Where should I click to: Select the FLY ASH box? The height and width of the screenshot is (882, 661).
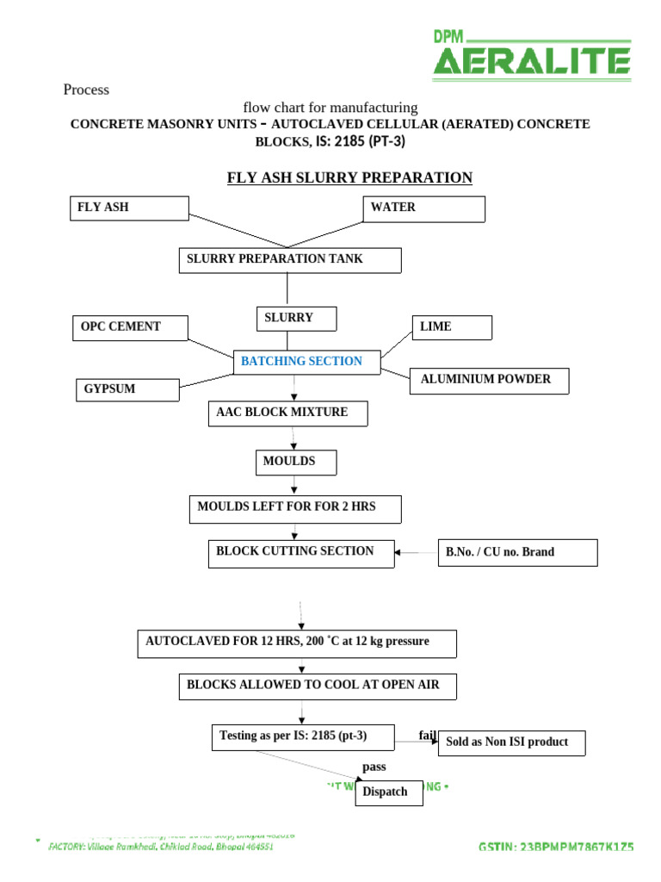click(x=128, y=208)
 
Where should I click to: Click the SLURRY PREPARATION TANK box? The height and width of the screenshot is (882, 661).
click(x=289, y=260)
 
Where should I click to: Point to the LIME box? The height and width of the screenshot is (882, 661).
click(x=452, y=327)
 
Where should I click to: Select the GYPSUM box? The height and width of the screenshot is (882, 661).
click(x=128, y=389)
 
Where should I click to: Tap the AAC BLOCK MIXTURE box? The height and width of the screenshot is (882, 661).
click(x=288, y=413)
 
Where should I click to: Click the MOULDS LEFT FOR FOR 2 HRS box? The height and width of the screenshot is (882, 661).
click(x=294, y=509)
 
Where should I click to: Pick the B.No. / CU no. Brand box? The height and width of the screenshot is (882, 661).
click(x=517, y=552)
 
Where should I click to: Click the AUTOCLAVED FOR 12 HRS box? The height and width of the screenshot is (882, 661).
click(x=296, y=643)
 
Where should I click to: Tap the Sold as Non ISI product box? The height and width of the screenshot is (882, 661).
click(x=513, y=742)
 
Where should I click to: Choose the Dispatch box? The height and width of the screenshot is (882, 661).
click(x=389, y=792)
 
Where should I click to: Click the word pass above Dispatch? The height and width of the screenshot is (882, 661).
click(x=374, y=767)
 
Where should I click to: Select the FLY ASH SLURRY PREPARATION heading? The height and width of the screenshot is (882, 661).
click(x=349, y=178)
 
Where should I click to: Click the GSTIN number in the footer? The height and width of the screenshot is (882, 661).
click(x=555, y=847)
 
